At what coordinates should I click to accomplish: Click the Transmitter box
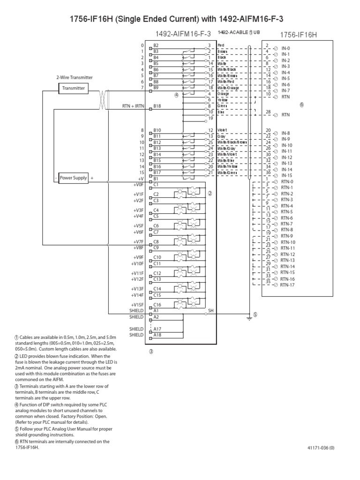(x=74, y=88)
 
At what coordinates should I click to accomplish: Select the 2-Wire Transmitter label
(x=75, y=78)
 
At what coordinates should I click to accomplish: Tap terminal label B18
(x=157, y=106)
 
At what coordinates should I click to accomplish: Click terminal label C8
(x=156, y=241)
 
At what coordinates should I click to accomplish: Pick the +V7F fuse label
(x=138, y=241)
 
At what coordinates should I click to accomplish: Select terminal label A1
(x=156, y=310)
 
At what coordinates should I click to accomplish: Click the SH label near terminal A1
(x=210, y=310)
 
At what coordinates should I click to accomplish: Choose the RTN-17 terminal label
(x=287, y=285)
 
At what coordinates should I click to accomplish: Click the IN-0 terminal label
(x=285, y=48)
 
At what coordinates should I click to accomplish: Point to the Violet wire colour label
(x=223, y=130)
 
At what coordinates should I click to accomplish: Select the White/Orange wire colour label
(x=228, y=88)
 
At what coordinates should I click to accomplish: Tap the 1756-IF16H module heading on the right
(x=299, y=35)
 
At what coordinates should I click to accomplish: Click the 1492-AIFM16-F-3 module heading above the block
(x=184, y=34)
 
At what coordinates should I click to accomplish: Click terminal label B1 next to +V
(x=156, y=179)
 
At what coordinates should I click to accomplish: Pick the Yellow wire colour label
(x=223, y=100)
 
